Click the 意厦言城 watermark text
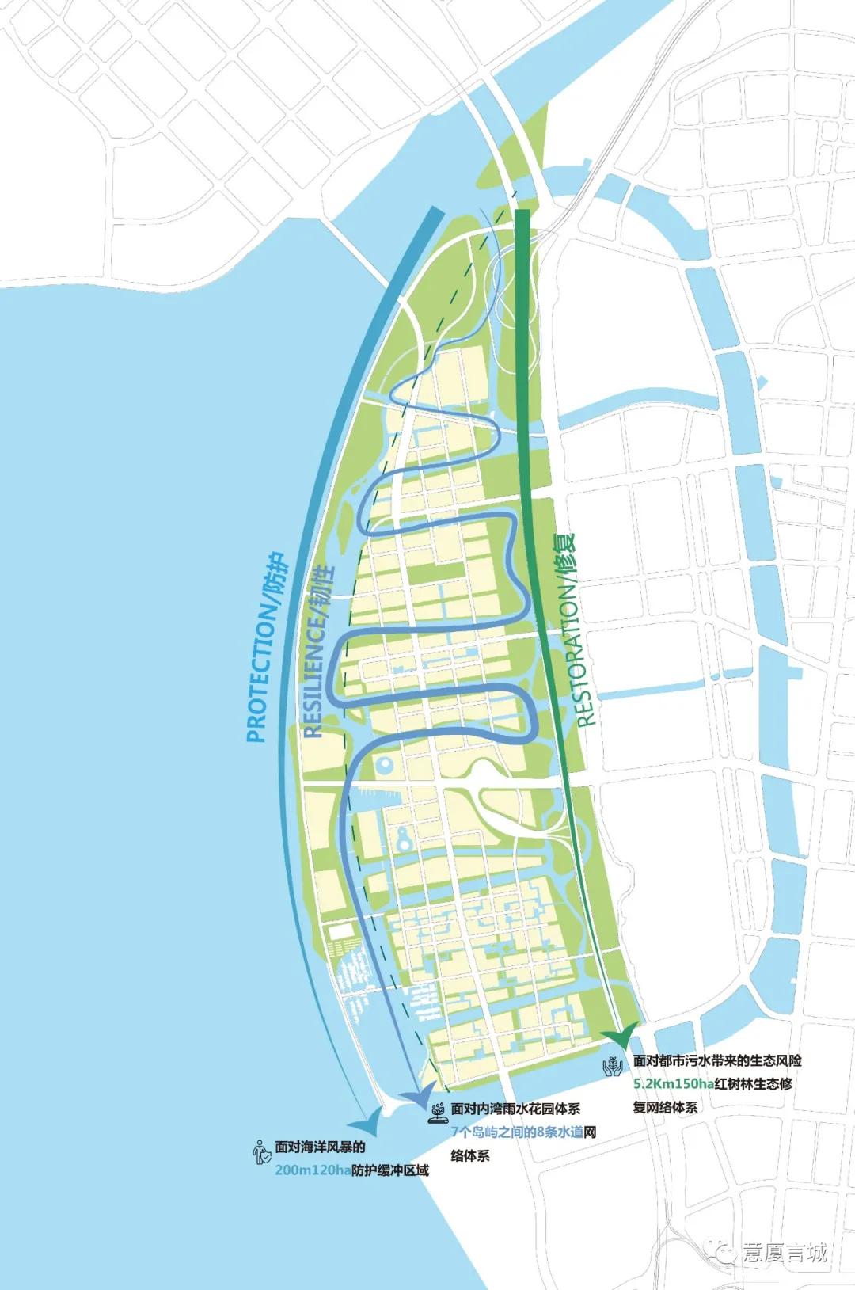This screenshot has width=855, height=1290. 785,1251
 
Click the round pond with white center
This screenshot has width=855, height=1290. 384,765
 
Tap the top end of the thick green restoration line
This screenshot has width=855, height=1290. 522,214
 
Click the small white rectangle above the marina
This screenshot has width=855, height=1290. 343,931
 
